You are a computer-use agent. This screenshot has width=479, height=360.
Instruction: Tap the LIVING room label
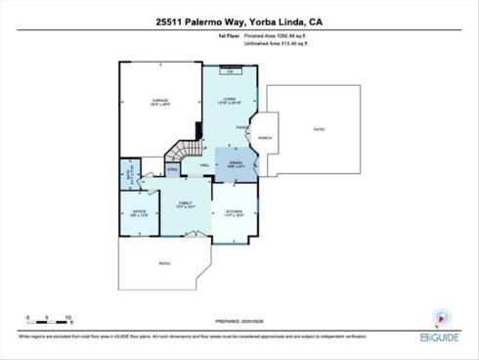230,99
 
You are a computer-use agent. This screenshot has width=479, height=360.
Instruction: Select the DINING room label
236,162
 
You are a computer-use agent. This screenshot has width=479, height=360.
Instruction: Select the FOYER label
240,128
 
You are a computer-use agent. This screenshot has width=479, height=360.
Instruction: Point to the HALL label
206,165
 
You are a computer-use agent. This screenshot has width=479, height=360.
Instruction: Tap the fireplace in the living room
230,71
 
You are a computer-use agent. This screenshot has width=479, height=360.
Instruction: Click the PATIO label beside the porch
319,128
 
